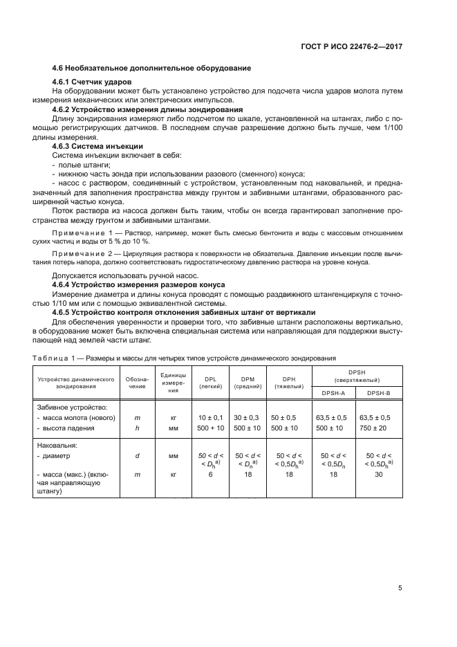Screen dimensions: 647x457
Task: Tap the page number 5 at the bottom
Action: point(400,588)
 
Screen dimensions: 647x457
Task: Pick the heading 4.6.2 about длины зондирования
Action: point(148,109)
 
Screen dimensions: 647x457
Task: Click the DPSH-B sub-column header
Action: point(378,392)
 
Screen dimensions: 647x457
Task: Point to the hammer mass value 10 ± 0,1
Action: point(210,418)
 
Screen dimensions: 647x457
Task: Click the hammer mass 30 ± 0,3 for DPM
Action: point(247,418)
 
